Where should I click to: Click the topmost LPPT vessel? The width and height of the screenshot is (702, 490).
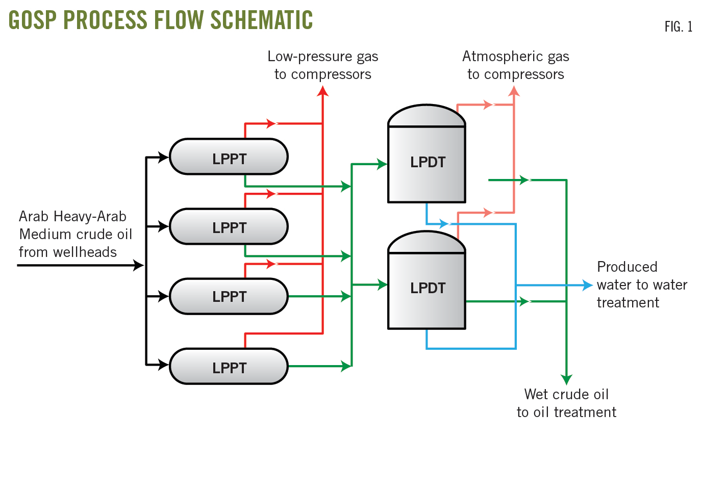point(229,157)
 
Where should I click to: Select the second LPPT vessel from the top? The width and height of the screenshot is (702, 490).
point(229,226)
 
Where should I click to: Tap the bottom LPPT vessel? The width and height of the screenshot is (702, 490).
point(229,366)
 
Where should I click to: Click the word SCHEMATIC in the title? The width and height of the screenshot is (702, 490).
point(262,20)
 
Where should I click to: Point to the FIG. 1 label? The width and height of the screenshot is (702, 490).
point(678,27)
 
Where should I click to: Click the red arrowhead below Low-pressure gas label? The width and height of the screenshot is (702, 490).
point(322,91)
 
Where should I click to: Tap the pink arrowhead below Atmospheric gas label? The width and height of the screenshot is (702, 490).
point(514,91)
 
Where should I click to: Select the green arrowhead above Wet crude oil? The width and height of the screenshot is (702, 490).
point(566,379)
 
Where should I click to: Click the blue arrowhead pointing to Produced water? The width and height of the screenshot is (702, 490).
point(587,285)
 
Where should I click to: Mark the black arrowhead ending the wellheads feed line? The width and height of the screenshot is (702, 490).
point(138,265)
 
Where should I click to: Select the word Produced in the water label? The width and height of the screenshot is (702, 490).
point(627,267)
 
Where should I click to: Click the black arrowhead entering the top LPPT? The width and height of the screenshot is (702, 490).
point(163,157)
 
